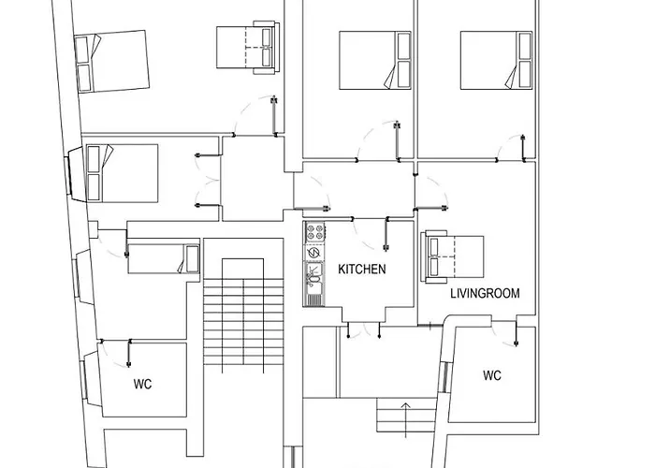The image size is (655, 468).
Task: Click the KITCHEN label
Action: pyautogui.click(x=362, y=270)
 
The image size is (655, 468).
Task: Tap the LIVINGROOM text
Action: pyautogui.click(x=485, y=293)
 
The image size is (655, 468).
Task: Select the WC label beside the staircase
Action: pyautogui.click(x=142, y=384)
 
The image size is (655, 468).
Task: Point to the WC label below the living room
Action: pyautogui.click(x=492, y=375)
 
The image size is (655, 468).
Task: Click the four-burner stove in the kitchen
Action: pyautogui.click(x=315, y=232)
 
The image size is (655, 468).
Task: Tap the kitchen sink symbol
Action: pyautogui.click(x=314, y=277)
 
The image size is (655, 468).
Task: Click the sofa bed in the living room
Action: pyautogui.click(x=452, y=256)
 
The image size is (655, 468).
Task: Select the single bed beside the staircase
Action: pyautogui.click(x=164, y=258)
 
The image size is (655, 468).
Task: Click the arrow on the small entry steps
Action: pyautogui.click(x=405, y=419)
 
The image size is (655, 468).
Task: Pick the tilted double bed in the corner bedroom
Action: pyautogui.click(x=111, y=61)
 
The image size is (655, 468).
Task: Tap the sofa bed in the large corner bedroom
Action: pyautogui.click(x=248, y=47)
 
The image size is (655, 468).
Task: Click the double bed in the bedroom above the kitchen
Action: pyautogui.click(x=374, y=60)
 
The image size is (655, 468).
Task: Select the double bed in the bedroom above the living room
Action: pyautogui.click(x=496, y=60)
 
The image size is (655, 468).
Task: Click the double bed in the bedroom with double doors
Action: pyautogui.click(x=122, y=173)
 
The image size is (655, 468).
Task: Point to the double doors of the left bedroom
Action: pyautogui.click(x=208, y=181)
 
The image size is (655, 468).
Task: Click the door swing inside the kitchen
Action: pyautogui.click(x=371, y=234)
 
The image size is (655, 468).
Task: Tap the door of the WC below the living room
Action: pyautogui.click(x=505, y=333)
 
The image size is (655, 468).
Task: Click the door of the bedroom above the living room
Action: pyautogui.click(x=511, y=148)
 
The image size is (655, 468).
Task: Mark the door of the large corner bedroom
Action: pyautogui.click(x=255, y=116)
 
